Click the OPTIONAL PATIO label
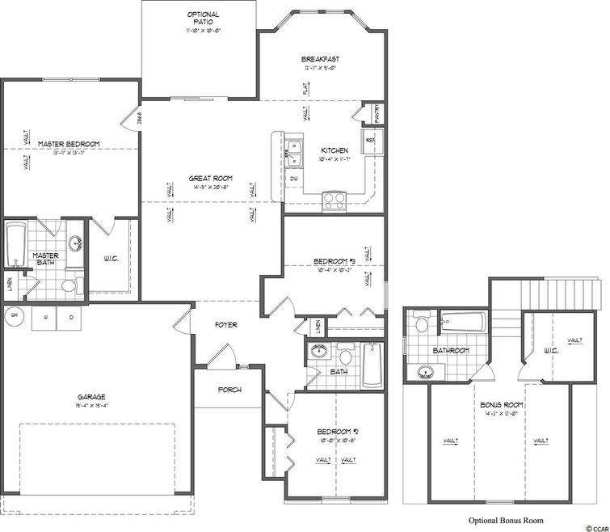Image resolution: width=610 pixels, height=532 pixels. (x=202, y=15)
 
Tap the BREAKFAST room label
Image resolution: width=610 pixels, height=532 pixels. (x=319, y=59)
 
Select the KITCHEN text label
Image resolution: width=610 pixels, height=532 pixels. (x=334, y=150)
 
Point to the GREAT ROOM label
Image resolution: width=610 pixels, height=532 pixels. (x=212, y=178)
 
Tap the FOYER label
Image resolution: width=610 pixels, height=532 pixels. (x=225, y=326)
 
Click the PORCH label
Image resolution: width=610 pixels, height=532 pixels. (x=229, y=390)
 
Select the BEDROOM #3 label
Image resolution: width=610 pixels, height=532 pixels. (x=334, y=261)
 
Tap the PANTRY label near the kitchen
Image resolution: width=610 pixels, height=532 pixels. (x=372, y=114)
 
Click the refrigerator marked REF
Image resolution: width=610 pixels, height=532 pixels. (x=372, y=140)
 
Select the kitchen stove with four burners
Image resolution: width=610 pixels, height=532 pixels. (x=334, y=200)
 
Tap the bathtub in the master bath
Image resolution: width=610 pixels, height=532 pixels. (x=15, y=242)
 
